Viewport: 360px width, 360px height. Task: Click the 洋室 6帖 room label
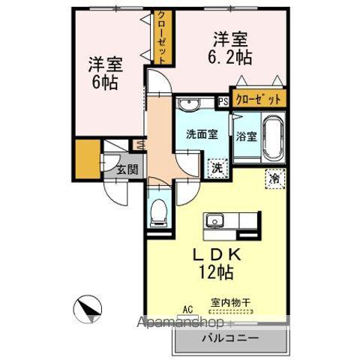coord(103,72)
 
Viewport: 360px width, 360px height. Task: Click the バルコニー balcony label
coord(229,338)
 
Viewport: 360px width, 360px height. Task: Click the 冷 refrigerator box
coord(274,178)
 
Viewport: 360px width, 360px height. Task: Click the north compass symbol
coord(88,307)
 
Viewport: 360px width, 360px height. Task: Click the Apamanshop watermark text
coord(181,322)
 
